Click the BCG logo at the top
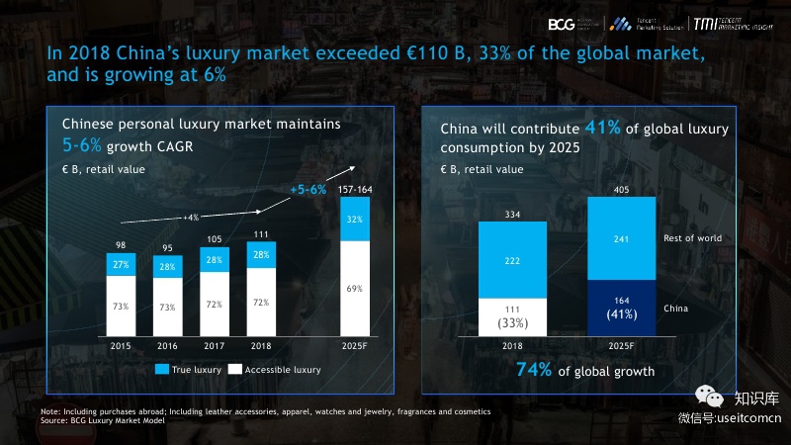click(562, 22)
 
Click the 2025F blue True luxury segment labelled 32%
click(354, 220)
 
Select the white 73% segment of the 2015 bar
click(122, 306)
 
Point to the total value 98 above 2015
click(121, 244)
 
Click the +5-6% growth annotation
click(308, 189)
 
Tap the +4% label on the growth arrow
click(191, 217)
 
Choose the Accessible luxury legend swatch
click(235, 370)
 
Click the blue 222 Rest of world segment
click(512, 259)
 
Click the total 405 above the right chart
click(621, 189)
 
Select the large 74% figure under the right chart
click(535, 371)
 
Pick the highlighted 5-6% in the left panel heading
click(83, 144)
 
